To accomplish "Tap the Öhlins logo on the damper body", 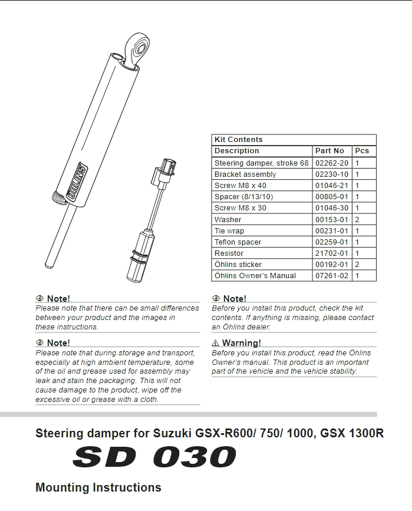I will pyautogui.click(x=77, y=179).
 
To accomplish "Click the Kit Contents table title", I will pyautogui.click(x=239, y=140).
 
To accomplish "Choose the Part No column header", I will pyautogui.click(x=329, y=151).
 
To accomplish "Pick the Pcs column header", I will pyautogui.click(x=362, y=151).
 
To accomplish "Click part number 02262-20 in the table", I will pyautogui.click(x=332, y=163).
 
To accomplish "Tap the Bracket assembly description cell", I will pyautogui.click(x=245, y=174).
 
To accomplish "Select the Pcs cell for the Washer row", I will pyautogui.click(x=357, y=219).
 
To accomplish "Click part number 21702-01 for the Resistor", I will pyautogui.click(x=332, y=253).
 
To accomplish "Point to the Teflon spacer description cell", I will pyautogui.click(x=238, y=242).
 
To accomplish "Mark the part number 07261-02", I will pyautogui.click(x=332, y=275).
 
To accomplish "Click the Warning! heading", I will pyautogui.click(x=241, y=343).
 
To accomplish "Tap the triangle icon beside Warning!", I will pyautogui.click(x=216, y=343).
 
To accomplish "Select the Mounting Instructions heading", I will pyautogui.click(x=98, y=487).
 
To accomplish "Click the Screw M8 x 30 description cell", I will pyautogui.click(x=240, y=208).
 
